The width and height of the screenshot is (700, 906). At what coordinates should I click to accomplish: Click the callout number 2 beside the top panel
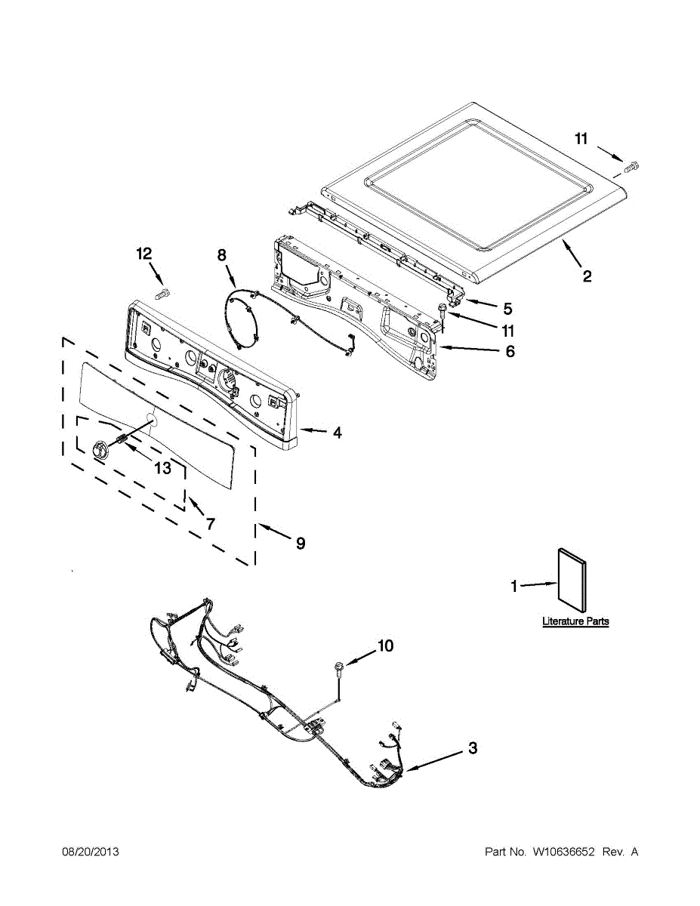[x=587, y=276]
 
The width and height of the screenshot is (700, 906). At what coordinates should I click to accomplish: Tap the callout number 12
[x=143, y=254]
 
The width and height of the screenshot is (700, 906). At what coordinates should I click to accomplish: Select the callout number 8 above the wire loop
[x=222, y=256]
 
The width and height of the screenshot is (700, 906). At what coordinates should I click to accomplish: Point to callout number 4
[x=337, y=433]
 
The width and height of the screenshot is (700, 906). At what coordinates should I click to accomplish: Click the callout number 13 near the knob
[x=162, y=468]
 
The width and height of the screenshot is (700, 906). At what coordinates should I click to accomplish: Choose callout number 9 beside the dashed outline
[x=301, y=543]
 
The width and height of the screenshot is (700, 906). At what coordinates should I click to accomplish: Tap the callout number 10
[x=385, y=646]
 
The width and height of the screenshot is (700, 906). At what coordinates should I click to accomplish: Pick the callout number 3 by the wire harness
[x=472, y=748]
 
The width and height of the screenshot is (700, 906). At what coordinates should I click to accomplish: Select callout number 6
[x=510, y=351]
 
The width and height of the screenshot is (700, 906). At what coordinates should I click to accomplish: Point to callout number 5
[x=507, y=308]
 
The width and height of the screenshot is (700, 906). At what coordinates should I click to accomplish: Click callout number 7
[x=210, y=522]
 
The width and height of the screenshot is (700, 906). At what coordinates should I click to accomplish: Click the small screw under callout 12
[x=162, y=291]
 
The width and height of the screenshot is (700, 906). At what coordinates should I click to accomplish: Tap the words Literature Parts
[x=575, y=621]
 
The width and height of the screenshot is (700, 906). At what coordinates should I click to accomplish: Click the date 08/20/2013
[x=90, y=852]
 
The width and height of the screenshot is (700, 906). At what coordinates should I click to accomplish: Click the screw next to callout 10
[x=338, y=666]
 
